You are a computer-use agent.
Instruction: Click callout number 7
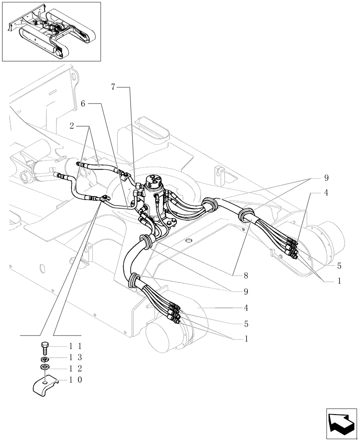click(x=113, y=87)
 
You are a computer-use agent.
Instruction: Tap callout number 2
click(x=71, y=126)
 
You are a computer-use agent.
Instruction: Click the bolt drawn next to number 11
click(x=44, y=347)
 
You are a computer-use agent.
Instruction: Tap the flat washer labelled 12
click(x=44, y=367)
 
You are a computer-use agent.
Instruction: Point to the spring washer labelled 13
click(x=44, y=358)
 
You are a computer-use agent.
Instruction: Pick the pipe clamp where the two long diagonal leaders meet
click(x=105, y=200)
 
